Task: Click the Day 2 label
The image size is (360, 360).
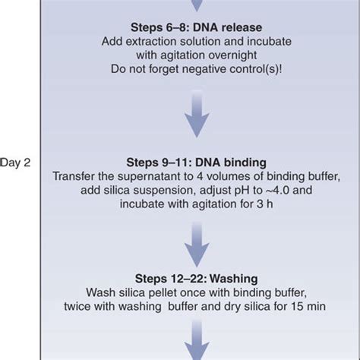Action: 15,162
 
